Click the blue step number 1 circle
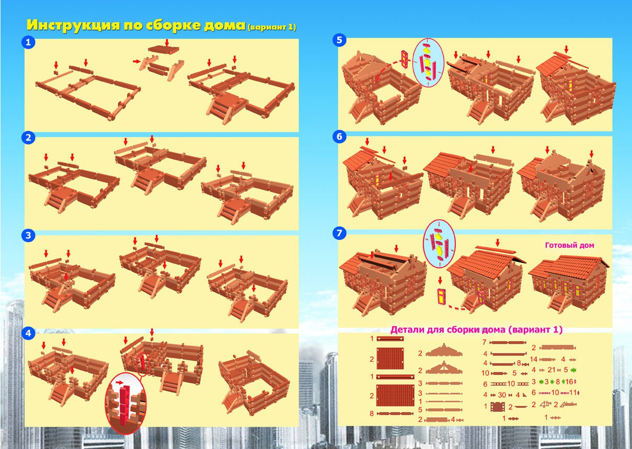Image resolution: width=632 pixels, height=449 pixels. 28,42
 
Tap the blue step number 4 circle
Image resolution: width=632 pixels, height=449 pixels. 28,333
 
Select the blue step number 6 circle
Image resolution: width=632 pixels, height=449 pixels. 339,136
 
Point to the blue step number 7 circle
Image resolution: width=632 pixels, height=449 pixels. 339,233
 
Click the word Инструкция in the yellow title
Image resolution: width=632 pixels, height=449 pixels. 74,25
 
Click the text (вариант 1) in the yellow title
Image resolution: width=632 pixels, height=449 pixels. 272,27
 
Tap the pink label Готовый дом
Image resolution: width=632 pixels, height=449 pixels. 569,245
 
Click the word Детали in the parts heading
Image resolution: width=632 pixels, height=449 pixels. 406,330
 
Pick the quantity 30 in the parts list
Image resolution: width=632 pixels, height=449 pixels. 502,395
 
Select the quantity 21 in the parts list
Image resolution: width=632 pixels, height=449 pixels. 551,370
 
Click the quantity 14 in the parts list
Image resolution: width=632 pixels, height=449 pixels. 534,359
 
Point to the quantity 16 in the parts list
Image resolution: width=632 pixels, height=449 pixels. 569,382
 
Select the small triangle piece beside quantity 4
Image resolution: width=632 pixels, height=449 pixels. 524,395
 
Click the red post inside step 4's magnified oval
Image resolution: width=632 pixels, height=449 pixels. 123,405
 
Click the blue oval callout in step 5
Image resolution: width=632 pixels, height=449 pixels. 428,63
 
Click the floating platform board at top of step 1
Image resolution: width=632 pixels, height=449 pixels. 164,50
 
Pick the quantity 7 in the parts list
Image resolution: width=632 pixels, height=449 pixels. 485,342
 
